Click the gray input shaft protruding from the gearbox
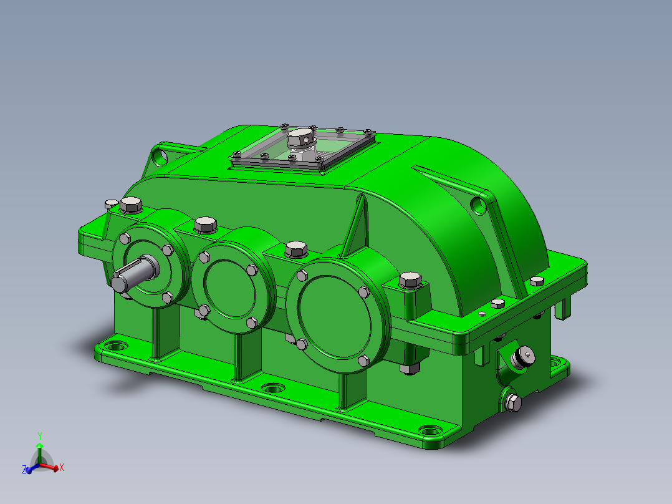click(x=134, y=274)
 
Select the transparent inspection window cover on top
click(x=304, y=148)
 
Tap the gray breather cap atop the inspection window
click(x=300, y=137)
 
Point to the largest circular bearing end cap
click(x=335, y=309)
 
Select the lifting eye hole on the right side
click(x=478, y=205)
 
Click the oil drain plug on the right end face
click(x=512, y=402)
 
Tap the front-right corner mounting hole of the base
click(x=430, y=431)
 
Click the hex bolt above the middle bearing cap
click(x=206, y=225)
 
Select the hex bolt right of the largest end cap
click(x=410, y=280)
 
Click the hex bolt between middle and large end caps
click(x=295, y=250)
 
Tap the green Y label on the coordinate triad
click(x=40, y=435)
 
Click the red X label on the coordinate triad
click(x=62, y=467)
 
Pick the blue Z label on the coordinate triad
click(x=24, y=469)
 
